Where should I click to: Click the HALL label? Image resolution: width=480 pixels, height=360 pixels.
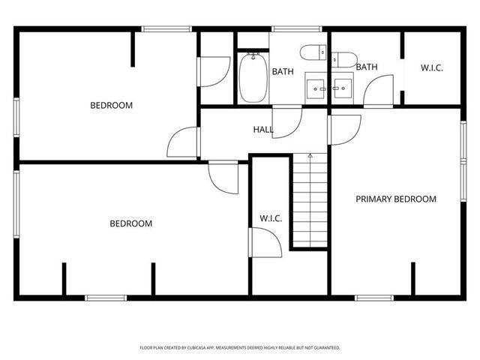263,130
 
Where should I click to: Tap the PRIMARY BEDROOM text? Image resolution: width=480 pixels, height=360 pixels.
396,199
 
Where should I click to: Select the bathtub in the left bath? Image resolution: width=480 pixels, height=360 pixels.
250,77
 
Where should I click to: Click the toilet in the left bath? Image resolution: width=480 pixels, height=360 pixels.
313,52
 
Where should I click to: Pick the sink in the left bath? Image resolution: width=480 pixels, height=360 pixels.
315,88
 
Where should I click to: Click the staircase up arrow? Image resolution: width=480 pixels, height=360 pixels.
310,155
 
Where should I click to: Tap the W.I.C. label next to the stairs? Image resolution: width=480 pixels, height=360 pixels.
270,218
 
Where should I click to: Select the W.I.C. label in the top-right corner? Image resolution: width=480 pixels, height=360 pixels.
431,68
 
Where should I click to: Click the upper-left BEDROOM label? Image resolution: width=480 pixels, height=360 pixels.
111,106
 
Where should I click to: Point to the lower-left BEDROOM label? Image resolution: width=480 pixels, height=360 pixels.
130,223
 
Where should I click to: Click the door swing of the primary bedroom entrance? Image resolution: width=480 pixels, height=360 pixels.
343,129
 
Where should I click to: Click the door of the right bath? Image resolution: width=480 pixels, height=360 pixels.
375,91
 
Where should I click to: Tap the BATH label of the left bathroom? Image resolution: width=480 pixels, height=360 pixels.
283,72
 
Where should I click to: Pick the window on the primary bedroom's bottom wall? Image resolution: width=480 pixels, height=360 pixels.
374,298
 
